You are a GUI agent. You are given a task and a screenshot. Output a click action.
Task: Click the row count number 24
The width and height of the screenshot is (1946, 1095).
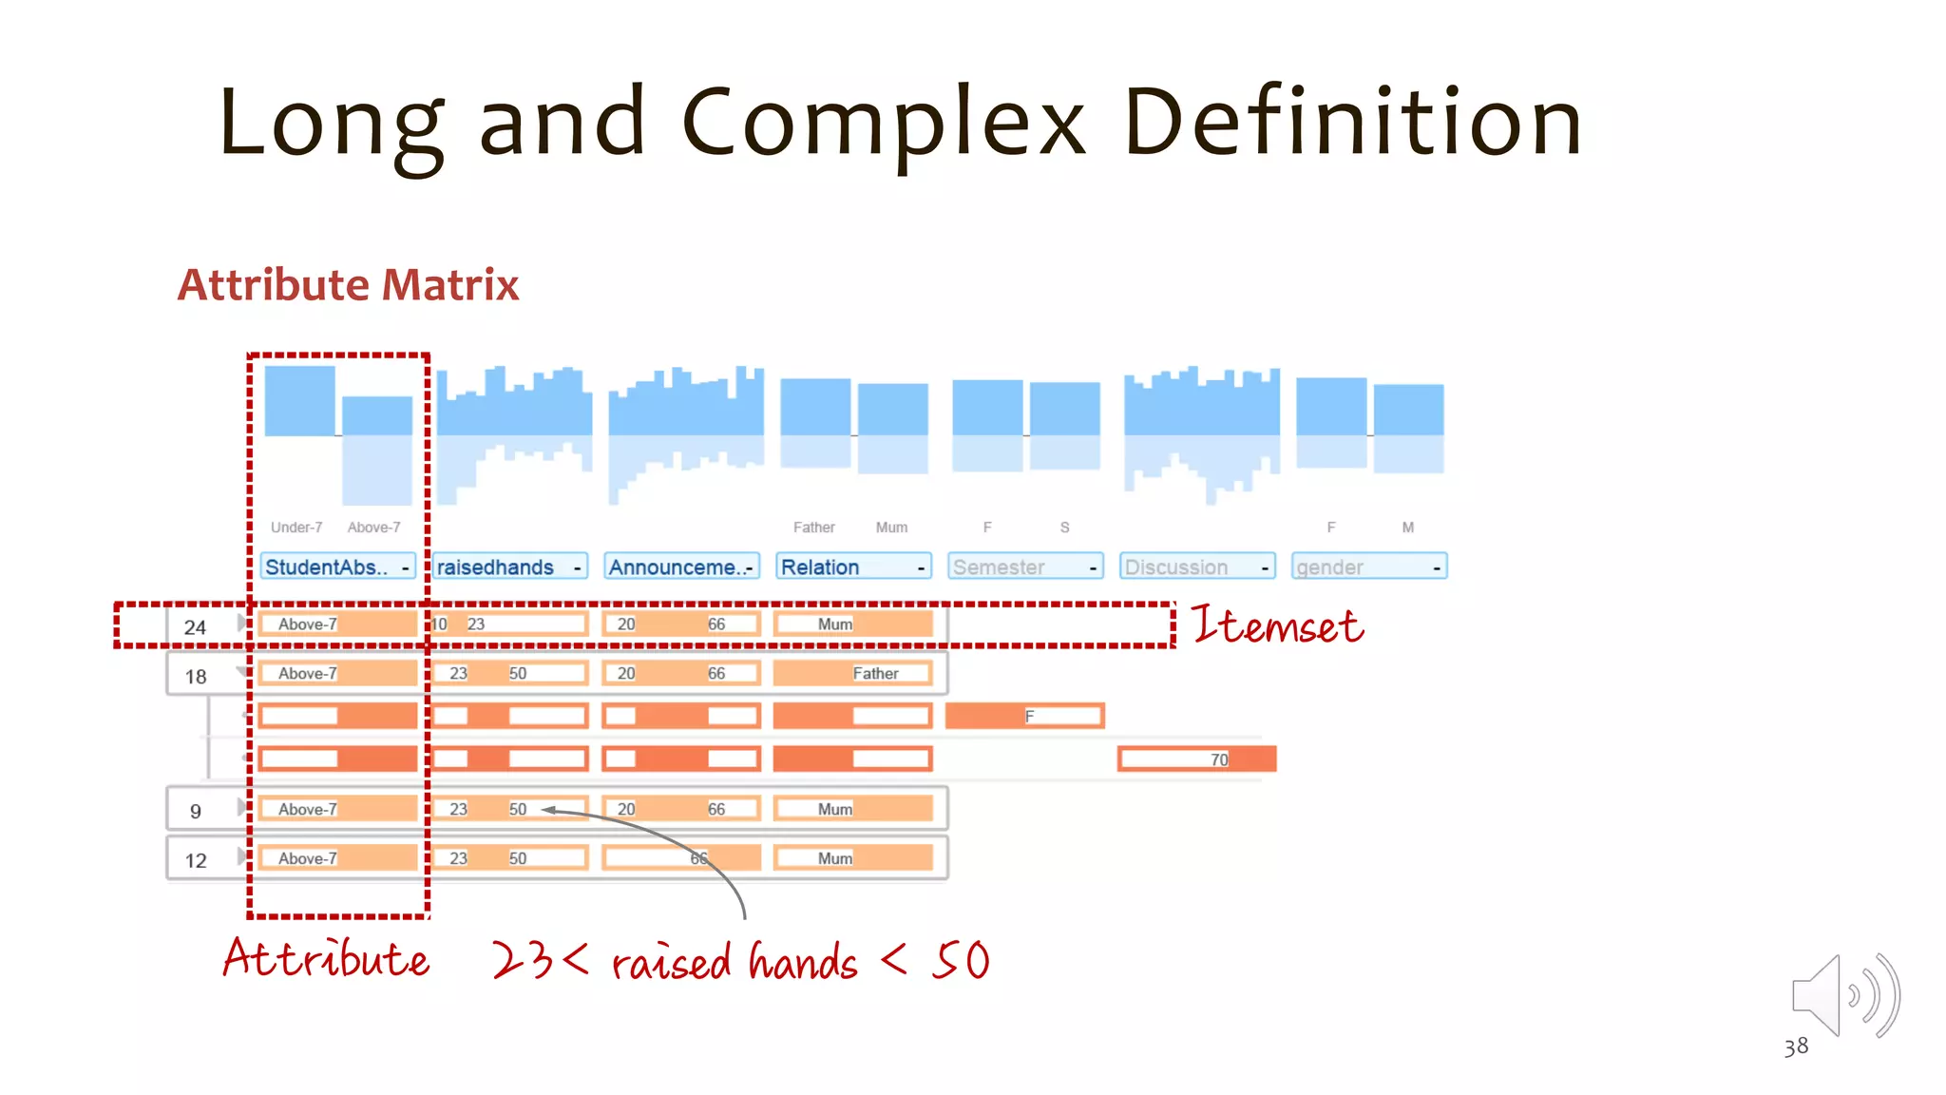(x=195, y=627)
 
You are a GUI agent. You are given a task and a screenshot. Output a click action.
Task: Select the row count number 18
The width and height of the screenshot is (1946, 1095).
(x=196, y=677)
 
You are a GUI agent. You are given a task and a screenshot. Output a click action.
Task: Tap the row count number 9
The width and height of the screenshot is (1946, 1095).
(x=196, y=812)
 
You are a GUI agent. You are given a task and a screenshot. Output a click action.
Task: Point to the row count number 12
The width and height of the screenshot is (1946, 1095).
(x=196, y=861)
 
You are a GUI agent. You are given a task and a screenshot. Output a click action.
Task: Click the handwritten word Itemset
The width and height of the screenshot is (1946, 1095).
(x=1277, y=626)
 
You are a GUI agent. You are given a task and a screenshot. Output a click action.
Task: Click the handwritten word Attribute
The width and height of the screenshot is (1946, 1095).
(x=326, y=958)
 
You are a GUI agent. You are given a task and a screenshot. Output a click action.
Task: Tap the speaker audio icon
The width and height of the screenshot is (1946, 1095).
(x=1843, y=996)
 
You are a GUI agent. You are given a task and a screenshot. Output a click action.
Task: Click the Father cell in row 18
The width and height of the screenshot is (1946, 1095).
(x=875, y=674)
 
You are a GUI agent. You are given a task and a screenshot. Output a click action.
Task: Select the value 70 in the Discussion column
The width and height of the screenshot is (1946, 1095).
(x=1219, y=759)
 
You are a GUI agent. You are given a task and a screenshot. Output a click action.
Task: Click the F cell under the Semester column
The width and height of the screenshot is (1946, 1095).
(x=1029, y=716)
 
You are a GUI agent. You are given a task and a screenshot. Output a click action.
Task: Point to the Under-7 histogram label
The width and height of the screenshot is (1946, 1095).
(x=296, y=528)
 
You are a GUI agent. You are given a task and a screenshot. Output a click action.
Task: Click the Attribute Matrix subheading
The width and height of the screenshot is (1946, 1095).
(x=348, y=285)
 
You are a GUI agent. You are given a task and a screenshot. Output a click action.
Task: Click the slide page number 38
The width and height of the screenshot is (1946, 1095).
(x=1796, y=1047)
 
